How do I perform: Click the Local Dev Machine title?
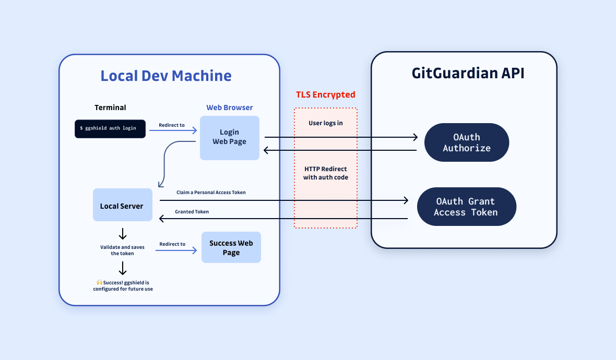[x=166, y=76]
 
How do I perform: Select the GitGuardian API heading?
[x=468, y=73]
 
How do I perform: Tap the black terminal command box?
[x=110, y=128]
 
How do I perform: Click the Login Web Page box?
[x=230, y=137]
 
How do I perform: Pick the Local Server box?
[x=122, y=206]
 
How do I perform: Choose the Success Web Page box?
[x=231, y=248]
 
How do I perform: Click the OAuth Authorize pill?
[x=467, y=143]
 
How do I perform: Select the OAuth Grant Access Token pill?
[x=466, y=207]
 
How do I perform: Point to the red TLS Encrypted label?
[x=325, y=94]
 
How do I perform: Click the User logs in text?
[x=325, y=123]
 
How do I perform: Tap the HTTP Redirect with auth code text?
[x=326, y=173]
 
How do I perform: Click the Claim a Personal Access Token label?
[x=211, y=193]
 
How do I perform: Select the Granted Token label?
[x=192, y=211]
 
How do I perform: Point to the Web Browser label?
[x=230, y=107]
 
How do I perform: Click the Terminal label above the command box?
[x=110, y=107]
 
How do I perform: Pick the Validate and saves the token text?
[x=122, y=250]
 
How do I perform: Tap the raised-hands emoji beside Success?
[x=99, y=282]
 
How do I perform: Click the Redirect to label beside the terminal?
[x=172, y=125]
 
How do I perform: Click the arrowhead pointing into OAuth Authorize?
[x=416, y=137]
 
